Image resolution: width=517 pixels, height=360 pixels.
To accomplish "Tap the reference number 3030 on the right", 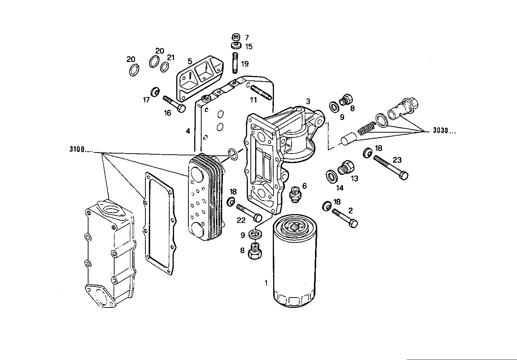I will click(x=444, y=131).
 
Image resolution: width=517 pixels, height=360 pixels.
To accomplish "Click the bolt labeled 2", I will click(x=345, y=218).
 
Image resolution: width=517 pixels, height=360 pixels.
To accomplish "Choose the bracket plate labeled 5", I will click(x=200, y=78).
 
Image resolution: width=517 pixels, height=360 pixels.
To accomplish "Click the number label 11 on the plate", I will click(x=253, y=100).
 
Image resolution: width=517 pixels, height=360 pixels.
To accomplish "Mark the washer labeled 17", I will click(x=155, y=91).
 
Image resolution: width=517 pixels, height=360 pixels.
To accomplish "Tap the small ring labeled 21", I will click(x=165, y=67).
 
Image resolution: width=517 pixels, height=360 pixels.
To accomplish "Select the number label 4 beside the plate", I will click(x=188, y=131).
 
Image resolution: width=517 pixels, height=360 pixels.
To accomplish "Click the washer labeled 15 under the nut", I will click(x=236, y=46).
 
